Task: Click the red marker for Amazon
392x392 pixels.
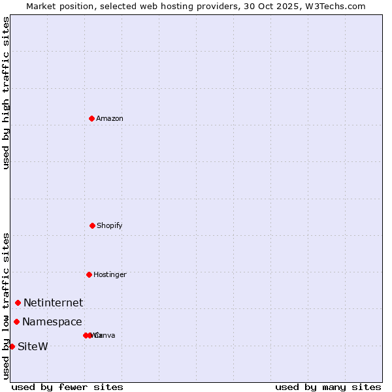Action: [x=91, y=118]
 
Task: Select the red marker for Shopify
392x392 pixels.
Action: [x=92, y=225]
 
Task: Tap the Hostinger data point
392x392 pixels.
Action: [x=89, y=274]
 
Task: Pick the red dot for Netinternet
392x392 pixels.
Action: [x=18, y=302]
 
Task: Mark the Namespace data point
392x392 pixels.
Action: [x=16, y=321]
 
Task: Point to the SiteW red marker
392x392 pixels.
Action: [x=12, y=346]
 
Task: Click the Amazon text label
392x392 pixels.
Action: [x=110, y=118]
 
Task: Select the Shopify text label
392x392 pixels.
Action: [x=110, y=225]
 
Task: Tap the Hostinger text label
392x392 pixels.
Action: [x=110, y=274]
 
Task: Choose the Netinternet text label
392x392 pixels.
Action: [x=54, y=302]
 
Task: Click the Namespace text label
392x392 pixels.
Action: [x=52, y=321]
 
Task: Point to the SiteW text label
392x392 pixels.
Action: [x=33, y=346]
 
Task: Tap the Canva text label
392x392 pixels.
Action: [x=105, y=335]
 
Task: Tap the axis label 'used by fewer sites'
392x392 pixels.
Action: [x=67, y=387]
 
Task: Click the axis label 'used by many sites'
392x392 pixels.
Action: [x=328, y=387]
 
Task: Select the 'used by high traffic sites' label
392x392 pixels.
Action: [x=6, y=93]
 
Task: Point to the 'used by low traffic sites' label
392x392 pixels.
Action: [x=6, y=305]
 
